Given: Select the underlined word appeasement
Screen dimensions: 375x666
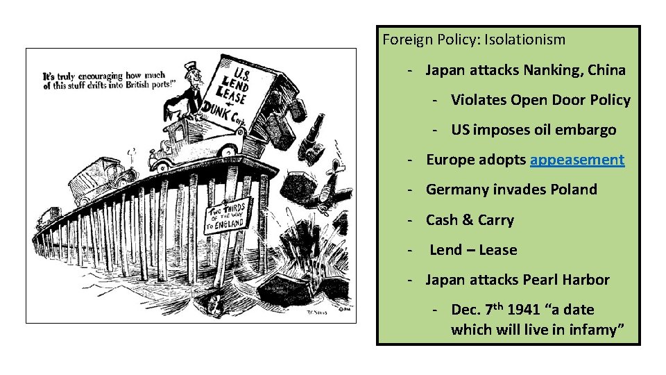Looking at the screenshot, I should click(x=577, y=160).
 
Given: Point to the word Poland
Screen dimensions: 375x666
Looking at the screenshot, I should click(x=572, y=190).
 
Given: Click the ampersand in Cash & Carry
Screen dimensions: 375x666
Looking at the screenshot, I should click(x=468, y=220).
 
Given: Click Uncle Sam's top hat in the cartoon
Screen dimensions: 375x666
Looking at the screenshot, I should click(x=191, y=69).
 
